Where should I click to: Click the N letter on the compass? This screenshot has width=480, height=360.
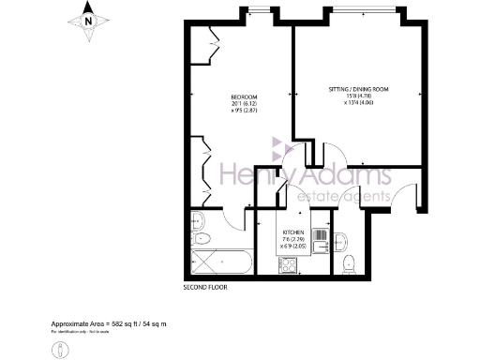[87, 20]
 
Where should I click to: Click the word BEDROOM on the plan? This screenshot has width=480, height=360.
[244, 97]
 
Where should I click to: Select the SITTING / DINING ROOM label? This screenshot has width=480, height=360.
[358, 88]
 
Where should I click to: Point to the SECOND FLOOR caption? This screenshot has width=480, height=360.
[205, 288]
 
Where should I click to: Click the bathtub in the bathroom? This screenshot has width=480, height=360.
[217, 262]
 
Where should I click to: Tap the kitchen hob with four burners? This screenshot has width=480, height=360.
[289, 264]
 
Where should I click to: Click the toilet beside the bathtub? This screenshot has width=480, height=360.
[197, 223]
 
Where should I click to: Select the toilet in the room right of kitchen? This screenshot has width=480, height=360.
[349, 261]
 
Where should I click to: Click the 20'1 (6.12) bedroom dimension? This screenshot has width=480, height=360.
[244, 104]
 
